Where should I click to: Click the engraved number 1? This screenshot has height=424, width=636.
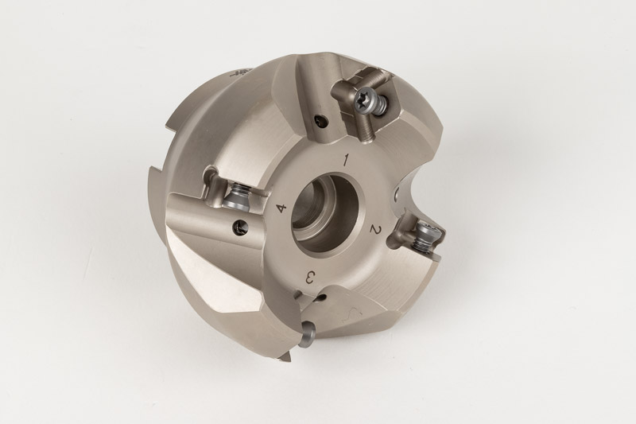pos(346,160)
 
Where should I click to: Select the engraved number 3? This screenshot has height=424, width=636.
pos(309,278)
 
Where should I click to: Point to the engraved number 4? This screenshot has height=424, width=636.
pos(281,208)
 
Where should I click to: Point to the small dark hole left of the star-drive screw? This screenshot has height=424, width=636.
pos(321,120)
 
